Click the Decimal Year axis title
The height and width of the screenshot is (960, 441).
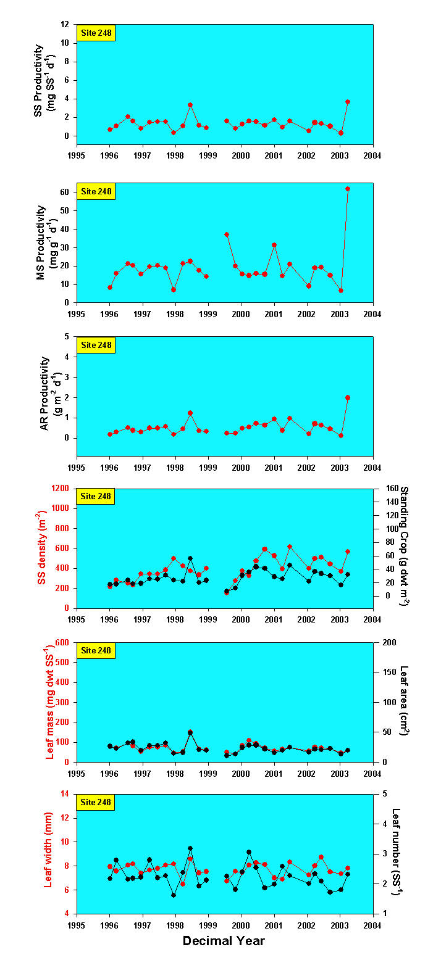[x=224, y=941]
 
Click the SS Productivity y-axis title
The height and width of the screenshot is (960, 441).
[x=47, y=80]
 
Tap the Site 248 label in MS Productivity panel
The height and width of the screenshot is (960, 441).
[x=96, y=191]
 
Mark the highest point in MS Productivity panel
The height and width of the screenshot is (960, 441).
[x=348, y=189]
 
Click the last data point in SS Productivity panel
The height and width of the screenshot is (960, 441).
[x=348, y=101]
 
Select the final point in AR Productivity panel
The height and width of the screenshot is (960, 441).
[x=348, y=398]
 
